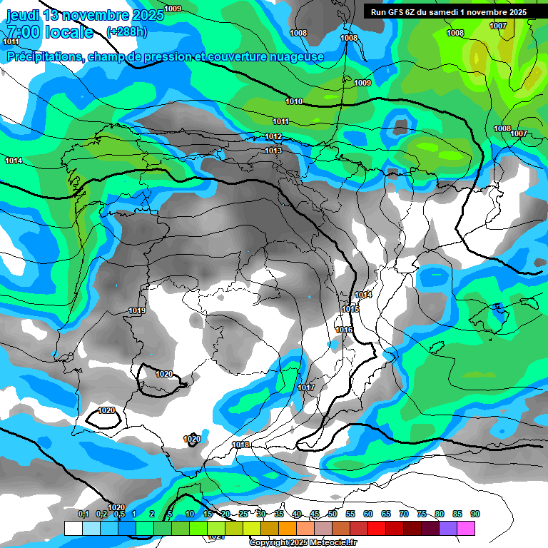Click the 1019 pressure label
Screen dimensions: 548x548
[x=138, y=310]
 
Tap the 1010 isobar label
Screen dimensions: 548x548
[x=294, y=101]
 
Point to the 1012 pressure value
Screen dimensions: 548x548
[x=273, y=136]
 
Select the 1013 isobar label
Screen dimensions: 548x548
[x=273, y=151]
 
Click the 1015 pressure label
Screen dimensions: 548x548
[x=350, y=309]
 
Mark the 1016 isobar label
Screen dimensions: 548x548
[x=345, y=330]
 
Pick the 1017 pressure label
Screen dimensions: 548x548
[x=306, y=387]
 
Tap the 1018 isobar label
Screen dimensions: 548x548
[x=240, y=445]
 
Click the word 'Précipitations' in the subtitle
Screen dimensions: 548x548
[x=43, y=56]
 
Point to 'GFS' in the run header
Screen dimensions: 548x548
[x=395, y=12]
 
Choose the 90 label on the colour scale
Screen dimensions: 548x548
[x=475, y=514]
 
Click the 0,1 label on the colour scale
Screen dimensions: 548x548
[x=83, y=514]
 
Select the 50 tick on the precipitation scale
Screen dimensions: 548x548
[x=333, y=514]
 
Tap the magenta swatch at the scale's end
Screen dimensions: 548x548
[x=466, y=528]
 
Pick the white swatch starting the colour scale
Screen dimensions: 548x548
[x=73, y=528]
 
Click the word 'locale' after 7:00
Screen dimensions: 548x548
[x=68, y=32]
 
